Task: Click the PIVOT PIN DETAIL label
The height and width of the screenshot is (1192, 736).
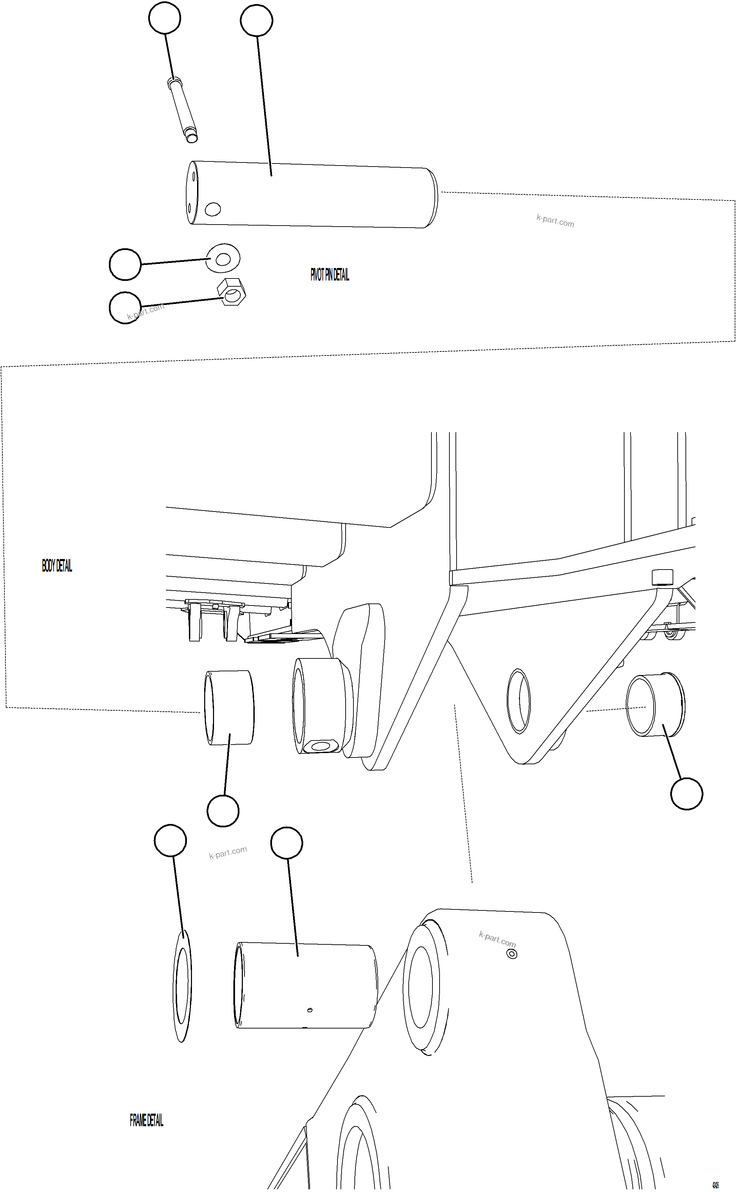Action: pyautogui.click(x=330, y=275)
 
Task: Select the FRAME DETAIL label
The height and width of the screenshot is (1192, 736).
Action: pyautogui.click(x=146, y=1120)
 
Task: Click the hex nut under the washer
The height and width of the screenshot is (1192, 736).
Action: pyautogui.click(x=232, y=292)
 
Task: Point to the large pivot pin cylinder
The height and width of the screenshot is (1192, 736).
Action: pyautogui.click(x=312, y=195)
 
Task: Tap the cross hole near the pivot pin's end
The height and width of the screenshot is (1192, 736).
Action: pyautogui.click(x=213, y=209)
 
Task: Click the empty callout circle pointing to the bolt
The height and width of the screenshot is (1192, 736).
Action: pyautogui.click(x=164, y=18)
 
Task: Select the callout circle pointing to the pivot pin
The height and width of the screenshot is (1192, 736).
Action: pyautogui.click(x=256, y=20)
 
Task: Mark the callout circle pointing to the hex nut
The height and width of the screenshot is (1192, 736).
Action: pyautogui.click(x=125, y=308)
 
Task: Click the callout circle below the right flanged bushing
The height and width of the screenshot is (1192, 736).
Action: pyautogui.click(x=686, y=794)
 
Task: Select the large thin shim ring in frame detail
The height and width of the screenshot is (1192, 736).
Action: pyautogui.click(x=182, y=986)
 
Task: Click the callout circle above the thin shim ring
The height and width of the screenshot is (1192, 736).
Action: pyautogui.click(x=170, y=840)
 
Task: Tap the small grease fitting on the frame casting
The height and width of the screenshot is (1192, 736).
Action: pyautogui.click(x=511, y=954)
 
